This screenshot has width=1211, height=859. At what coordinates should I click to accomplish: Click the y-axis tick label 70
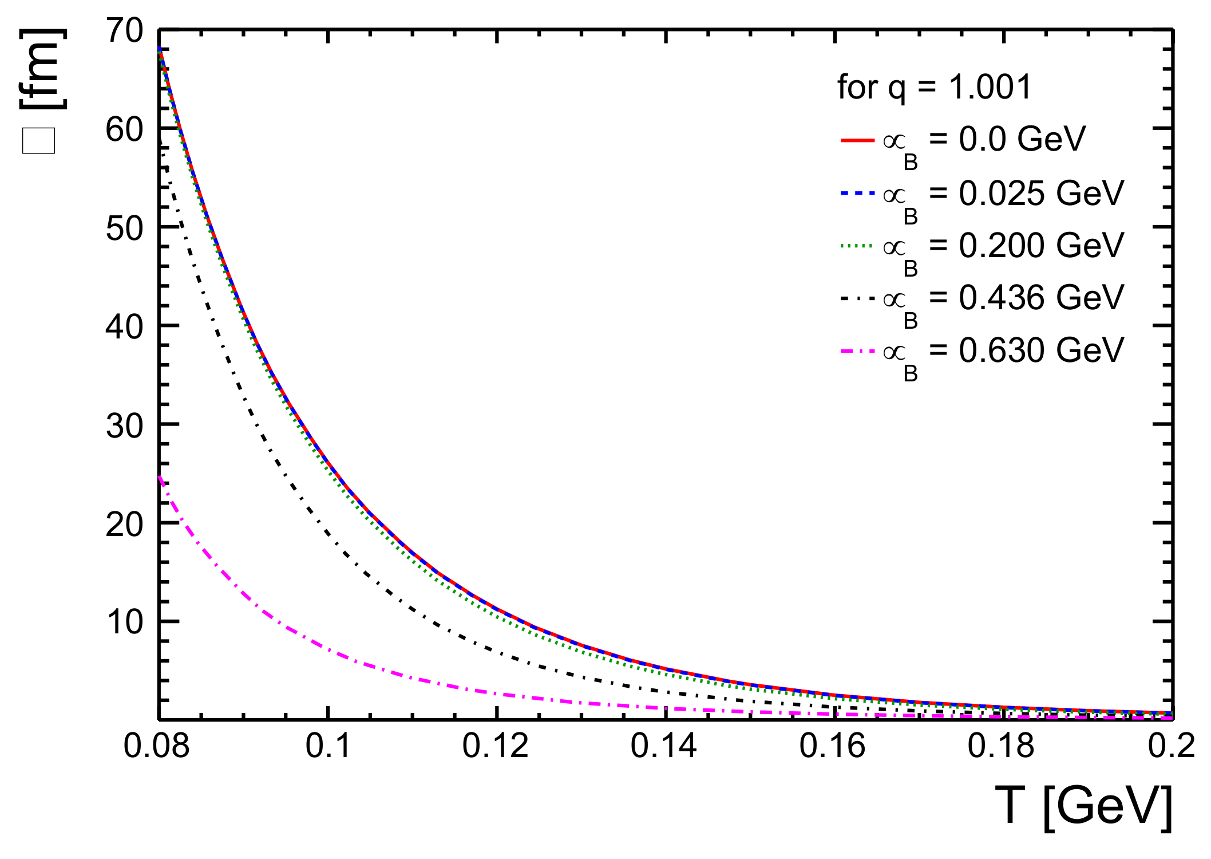(x=124, y=31)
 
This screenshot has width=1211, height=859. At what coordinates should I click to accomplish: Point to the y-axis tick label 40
(x=124, y=327)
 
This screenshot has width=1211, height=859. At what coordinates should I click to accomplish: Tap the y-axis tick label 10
(x=124, y=622)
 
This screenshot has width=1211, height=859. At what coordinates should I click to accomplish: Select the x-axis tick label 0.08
(x=156, y=746)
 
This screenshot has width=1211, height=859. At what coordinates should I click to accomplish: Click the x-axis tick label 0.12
(x=496, y=746)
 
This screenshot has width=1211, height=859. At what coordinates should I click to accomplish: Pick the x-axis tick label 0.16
(x=833, y=746)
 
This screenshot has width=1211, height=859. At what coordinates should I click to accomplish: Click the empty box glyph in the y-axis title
(x=38, y=141)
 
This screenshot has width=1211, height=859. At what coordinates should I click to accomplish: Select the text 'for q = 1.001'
(x=934, y=87)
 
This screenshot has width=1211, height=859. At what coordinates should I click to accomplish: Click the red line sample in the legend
(x=857, y=140)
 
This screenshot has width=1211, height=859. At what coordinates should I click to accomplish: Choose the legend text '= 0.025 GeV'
(x=1027, y=193)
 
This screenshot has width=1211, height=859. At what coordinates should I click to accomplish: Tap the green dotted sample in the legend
(x=857, y=246)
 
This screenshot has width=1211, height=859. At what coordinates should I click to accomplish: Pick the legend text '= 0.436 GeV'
(x=1027, y=298)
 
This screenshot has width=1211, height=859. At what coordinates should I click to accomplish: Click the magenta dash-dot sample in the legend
(x=857, y=350)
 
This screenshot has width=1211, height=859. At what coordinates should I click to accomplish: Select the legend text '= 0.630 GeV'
(x=1027, y=350)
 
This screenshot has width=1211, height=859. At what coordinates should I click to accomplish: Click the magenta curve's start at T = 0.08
(x=160, y=477)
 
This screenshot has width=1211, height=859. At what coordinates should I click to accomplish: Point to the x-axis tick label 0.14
(x=664, y=746)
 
